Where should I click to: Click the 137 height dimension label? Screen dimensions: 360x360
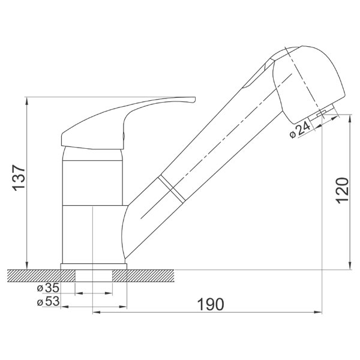click(x=19, y=178)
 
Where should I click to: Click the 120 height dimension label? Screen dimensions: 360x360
click(x=343, y=190)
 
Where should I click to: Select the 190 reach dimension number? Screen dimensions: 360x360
click(x=211, y=304)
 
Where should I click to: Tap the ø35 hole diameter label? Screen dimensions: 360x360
click(x=49, y=287)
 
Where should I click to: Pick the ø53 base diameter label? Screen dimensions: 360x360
click(x=49, y=301)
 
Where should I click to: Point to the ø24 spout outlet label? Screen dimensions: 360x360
click(x=300, y=131)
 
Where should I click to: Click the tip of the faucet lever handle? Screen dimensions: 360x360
click(x=194, y=99)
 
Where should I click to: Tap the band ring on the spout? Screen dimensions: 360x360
click(x=172, y=190)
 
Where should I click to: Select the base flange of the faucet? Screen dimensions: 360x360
click(x=94, y=266)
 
